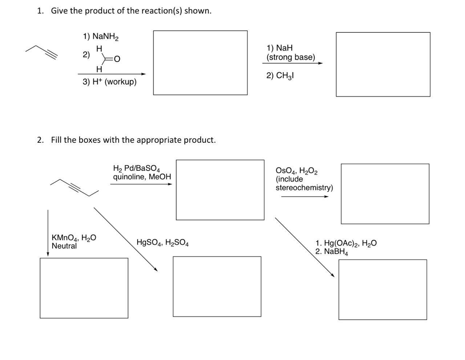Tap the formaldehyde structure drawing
point(107,58)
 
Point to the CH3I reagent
point(284,76)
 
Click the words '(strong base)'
point(291,57)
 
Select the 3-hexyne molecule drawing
point(74,187)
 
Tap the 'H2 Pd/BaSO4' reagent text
point(136,169)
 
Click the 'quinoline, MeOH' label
point(142,177)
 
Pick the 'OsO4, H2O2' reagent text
point(297,171)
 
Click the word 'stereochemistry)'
point(304,188)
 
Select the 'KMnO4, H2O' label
point(74,238)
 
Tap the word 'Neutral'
point(64,246)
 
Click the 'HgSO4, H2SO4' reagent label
point(162,243)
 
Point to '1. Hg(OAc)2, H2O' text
point(346,243)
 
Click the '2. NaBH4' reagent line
point(331,252)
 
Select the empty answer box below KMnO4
point(84,288)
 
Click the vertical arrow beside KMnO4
point(48,232)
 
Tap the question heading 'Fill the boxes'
point(133,140)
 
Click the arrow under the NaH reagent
point(292,63)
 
